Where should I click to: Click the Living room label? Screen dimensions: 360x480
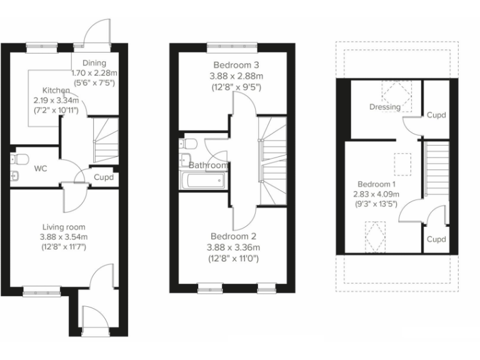point(64,226)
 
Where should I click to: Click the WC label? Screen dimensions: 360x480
point(41,168)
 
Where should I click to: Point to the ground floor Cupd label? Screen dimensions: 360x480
point(103,177)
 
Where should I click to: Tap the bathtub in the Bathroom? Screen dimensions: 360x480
point(201,181)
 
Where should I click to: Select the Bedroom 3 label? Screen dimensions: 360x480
point(236,65)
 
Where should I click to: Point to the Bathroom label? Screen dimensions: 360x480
point(208,165)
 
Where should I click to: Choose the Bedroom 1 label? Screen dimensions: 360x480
point(376,184)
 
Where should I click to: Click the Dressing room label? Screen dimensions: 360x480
point(384,107)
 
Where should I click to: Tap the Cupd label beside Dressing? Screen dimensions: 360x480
point(436,115)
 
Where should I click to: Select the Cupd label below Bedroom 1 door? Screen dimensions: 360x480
point(436,239)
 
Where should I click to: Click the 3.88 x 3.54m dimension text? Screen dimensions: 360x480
point(64,237)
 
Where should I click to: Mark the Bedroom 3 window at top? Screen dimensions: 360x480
point(224,45)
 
